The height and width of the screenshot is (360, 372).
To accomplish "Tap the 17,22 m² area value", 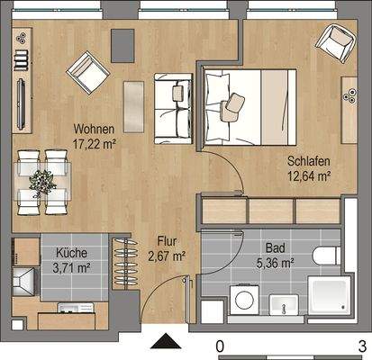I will point(96,141).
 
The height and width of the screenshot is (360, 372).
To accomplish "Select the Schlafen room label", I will point(308,161).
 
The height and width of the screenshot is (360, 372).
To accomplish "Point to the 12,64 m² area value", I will point(309,175).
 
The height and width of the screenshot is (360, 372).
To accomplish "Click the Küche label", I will point(71,253).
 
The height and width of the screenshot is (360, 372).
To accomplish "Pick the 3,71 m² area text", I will point(72,267).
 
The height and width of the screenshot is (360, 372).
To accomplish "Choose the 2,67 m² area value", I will point(166,256).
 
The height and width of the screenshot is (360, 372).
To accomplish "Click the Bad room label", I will point(274,248).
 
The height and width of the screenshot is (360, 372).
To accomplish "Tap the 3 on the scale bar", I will point(361,346).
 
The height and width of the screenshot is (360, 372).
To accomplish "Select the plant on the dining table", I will point(42,180).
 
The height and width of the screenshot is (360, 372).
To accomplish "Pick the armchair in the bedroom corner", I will point(334,40).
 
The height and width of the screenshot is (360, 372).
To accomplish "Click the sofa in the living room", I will point(172,108).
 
